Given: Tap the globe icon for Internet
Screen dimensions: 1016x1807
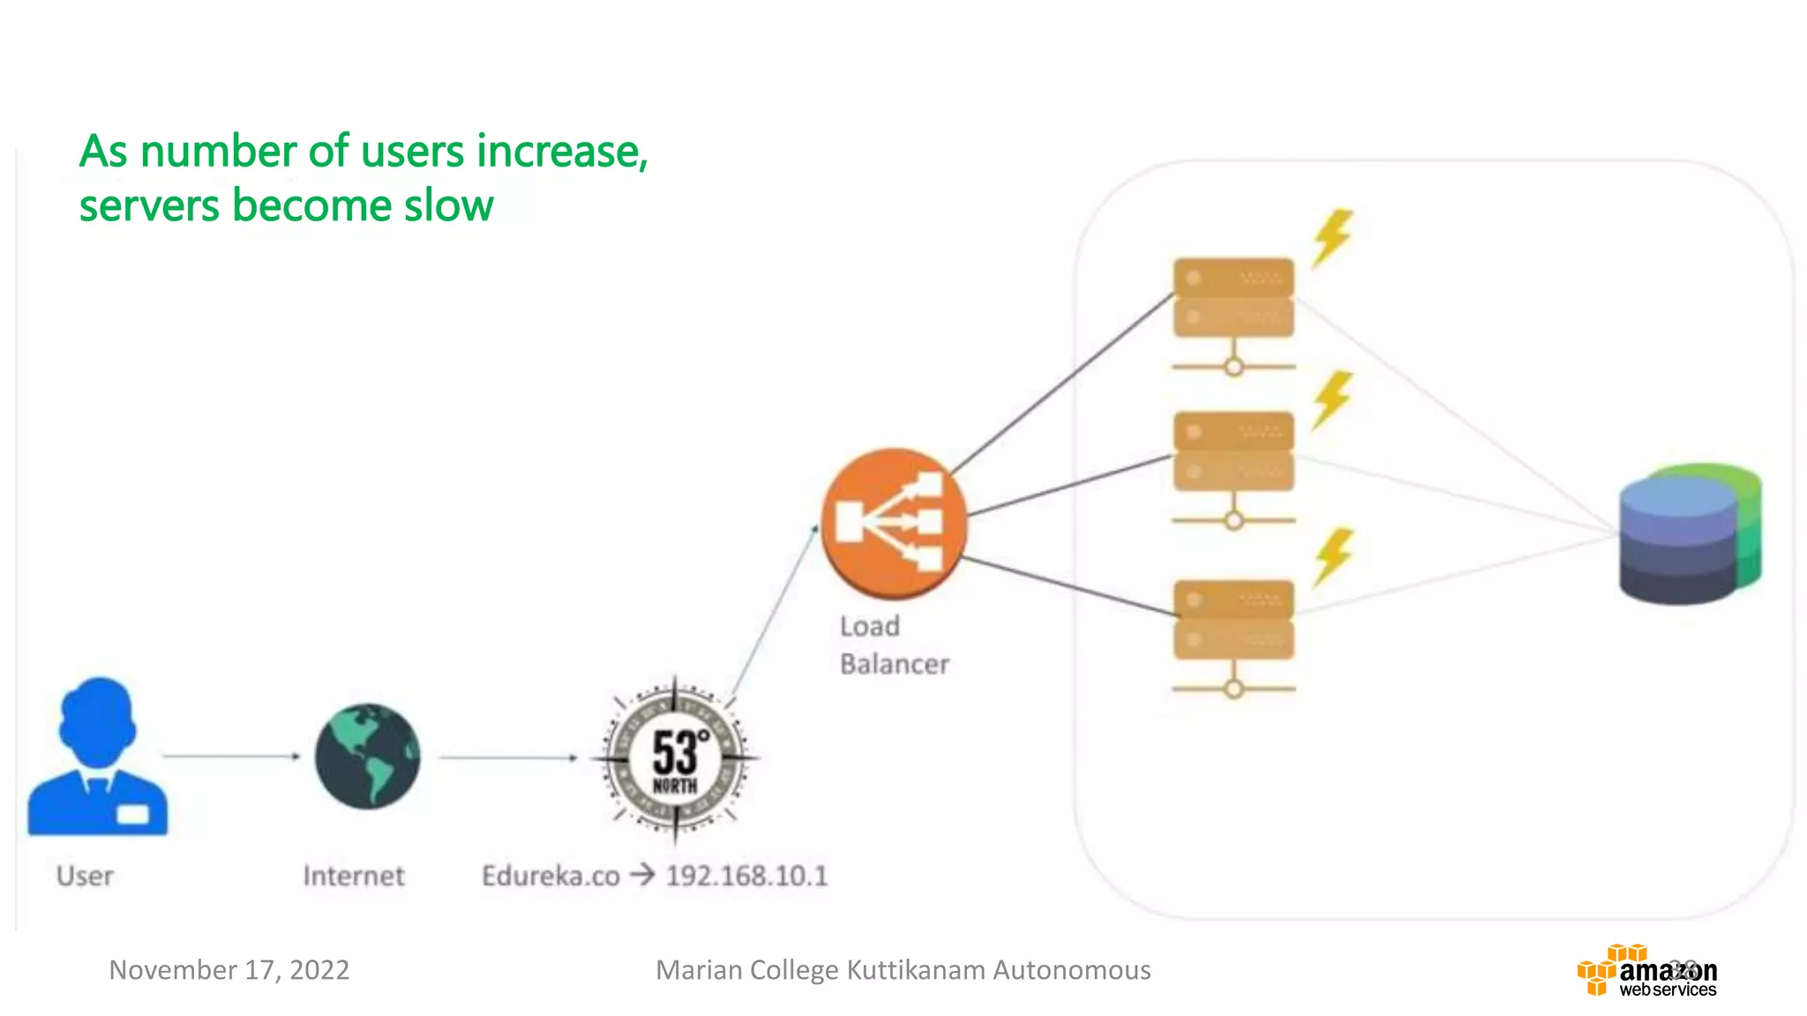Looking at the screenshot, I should [x=367, y=756].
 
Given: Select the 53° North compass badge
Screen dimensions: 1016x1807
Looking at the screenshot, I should [x=675, y=758].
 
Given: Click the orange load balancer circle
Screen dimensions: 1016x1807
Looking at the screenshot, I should [x=893, y=523].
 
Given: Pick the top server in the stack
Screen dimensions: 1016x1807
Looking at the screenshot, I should [x=1233, y=298].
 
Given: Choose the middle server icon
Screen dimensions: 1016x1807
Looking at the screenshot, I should [x=1233, y=452].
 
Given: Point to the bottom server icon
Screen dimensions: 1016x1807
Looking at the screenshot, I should [x=1233, y=620].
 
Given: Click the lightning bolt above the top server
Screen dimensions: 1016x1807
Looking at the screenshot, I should [x=1331, y=236].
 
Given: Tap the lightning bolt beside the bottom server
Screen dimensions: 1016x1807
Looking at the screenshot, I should [x=1333, y=556].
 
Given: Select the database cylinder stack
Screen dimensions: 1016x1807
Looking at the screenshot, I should [x=1689, y=534].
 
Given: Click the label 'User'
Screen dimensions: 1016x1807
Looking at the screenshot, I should [x=85, y=876].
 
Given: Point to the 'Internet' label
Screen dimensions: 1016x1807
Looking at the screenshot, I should [x=353, y=876].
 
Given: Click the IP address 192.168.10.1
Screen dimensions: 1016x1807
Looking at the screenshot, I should [x=746, y=876].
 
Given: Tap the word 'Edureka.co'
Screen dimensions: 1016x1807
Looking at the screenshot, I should [x=551, y=876].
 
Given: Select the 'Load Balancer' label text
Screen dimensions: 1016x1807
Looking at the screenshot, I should [x=893, y=645].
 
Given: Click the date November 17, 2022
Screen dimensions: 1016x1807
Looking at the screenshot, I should [x=229, y=970].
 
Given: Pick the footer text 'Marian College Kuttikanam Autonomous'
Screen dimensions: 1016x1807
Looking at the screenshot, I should [x=903, y=970].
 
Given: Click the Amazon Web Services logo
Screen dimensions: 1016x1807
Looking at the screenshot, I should [x=1646, y=972].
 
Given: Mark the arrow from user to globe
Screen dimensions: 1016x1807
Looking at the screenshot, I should [x=231, y=756].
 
